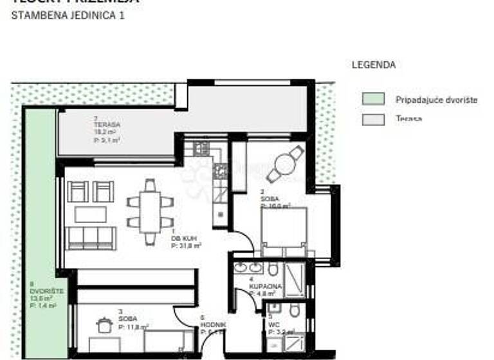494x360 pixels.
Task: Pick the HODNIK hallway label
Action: click(212, 325)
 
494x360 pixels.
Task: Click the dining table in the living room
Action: click(150, 212)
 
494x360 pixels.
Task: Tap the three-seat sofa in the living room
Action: click(91, 238)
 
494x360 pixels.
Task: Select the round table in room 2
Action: click(284, 163)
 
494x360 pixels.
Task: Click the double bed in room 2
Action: click(283, 229)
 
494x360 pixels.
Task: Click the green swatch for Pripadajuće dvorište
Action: click(373, 99)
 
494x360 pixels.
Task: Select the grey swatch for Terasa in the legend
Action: click(373, 119)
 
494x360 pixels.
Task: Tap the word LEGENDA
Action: click(373, 65)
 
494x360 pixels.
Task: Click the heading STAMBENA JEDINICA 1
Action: click(68, 15)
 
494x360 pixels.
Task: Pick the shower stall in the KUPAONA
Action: click(295, 279)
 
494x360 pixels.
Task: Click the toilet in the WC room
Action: click(294, 312)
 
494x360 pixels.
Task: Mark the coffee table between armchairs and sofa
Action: click(90, 214)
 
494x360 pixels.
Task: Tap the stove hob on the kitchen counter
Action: click(220, 170)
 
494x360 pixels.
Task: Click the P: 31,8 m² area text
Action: click(187, 245)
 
